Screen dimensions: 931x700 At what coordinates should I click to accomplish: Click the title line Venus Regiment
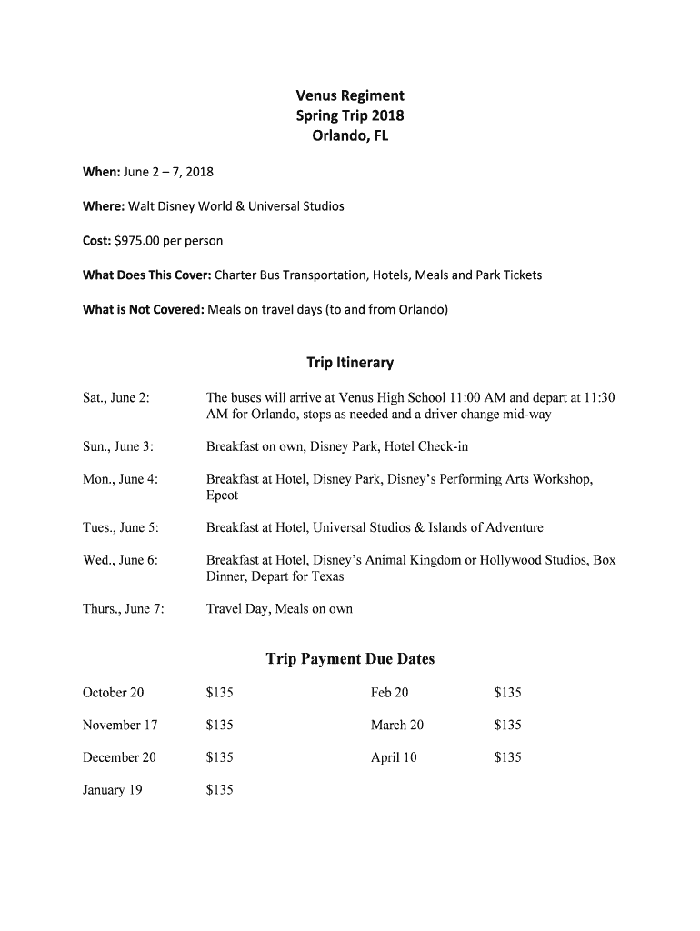[350, 95]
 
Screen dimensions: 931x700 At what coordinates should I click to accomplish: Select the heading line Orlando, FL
[350, 137]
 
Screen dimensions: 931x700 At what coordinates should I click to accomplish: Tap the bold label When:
[100, 172]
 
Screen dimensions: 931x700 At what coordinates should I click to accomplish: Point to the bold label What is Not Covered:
[143, 309]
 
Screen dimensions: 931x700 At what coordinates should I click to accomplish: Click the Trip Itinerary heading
[350, 363]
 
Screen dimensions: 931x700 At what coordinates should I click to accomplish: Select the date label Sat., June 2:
[115, 397]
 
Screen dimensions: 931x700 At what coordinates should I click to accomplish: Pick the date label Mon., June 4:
[120, 479]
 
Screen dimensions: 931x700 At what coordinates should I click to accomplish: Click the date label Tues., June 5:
[121, 527]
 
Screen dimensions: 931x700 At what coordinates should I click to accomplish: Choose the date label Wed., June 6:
[120, 560]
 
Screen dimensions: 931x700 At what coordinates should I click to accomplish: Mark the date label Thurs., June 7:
[123, 609]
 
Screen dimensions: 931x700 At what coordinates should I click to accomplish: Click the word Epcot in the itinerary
[222, 496]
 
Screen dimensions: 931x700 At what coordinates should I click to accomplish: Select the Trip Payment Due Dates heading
[350, 659]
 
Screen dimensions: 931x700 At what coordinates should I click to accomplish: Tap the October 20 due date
[113, 693]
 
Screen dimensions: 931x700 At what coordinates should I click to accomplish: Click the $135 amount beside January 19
[220, 790]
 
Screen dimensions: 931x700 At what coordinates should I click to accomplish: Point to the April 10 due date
[394, 757]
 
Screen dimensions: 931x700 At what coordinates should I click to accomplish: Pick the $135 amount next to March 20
[507, 726]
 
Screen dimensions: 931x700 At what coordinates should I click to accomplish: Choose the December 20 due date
[119, 757]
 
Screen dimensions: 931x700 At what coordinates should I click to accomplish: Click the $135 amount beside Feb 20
[507, 693]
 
